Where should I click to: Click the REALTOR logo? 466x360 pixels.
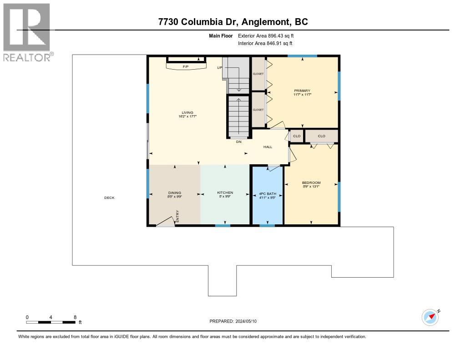(28, 32)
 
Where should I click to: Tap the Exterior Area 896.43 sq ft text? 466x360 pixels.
(269, 35)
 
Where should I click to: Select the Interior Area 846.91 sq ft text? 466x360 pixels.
(265, 43)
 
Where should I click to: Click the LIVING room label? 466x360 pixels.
(187, 112)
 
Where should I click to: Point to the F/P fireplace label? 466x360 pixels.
(185, 67)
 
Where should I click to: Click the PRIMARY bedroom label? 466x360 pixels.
(302, 91)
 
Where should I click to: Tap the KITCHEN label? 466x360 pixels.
(225, 193)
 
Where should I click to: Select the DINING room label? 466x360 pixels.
(174, 193)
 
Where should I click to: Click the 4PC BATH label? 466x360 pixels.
(268, 193)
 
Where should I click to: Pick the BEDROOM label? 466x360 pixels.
(311, 183)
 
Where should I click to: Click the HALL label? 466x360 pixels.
(268, 147)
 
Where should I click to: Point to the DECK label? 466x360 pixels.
(109, 198)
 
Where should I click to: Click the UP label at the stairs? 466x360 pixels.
(219, 67)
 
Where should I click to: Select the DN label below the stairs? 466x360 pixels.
(238, 142)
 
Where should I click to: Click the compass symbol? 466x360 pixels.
(430, 317)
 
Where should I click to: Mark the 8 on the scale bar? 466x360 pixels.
(75, 317)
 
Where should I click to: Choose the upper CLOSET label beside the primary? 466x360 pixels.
(258, 74)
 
